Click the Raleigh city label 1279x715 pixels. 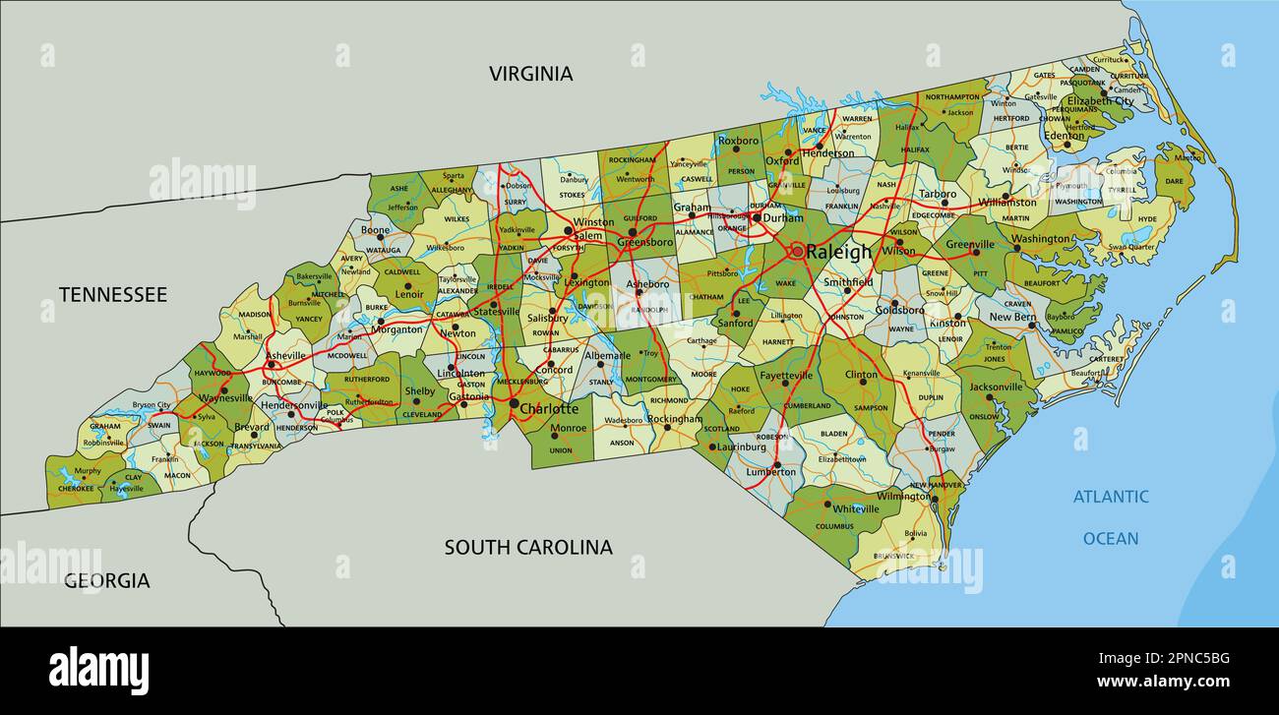[x=838, y=252]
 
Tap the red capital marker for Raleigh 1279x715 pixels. [x=796, y=252]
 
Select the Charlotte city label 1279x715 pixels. [x=549, y=408]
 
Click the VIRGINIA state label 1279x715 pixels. [x=531, y=74]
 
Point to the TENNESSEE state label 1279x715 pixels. [x=113, y=294]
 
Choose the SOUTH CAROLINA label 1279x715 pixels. [x=528, y=547]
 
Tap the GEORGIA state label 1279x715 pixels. [x=107, y=581]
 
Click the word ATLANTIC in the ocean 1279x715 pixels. [x=1111, y=497]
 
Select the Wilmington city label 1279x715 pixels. [x=902, y=497]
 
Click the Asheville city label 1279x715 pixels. [x=285, y=355]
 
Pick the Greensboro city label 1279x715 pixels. [x=644, y=242]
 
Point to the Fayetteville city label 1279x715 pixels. [x=786, y=375]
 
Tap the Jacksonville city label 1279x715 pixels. [x=997, y=387]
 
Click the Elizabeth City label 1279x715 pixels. [x=1100, y=101]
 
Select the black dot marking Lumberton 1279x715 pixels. [x=776, y=463]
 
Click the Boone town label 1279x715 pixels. [x=375, y=230]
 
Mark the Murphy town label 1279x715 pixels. [x=88, y=471]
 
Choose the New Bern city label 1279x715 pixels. [x=1012, y=317]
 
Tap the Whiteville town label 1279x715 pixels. [x=855, y=508]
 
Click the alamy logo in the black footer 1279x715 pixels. [x=99, y=671]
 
